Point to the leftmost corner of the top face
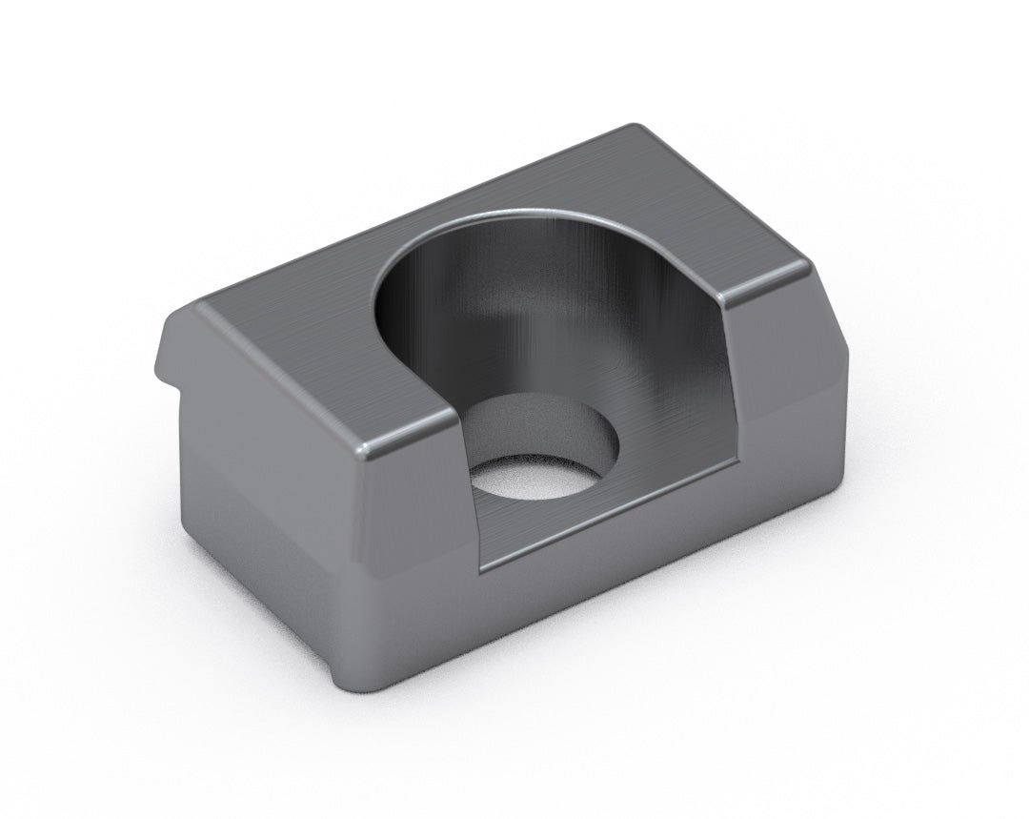click(x=195, y=307)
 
